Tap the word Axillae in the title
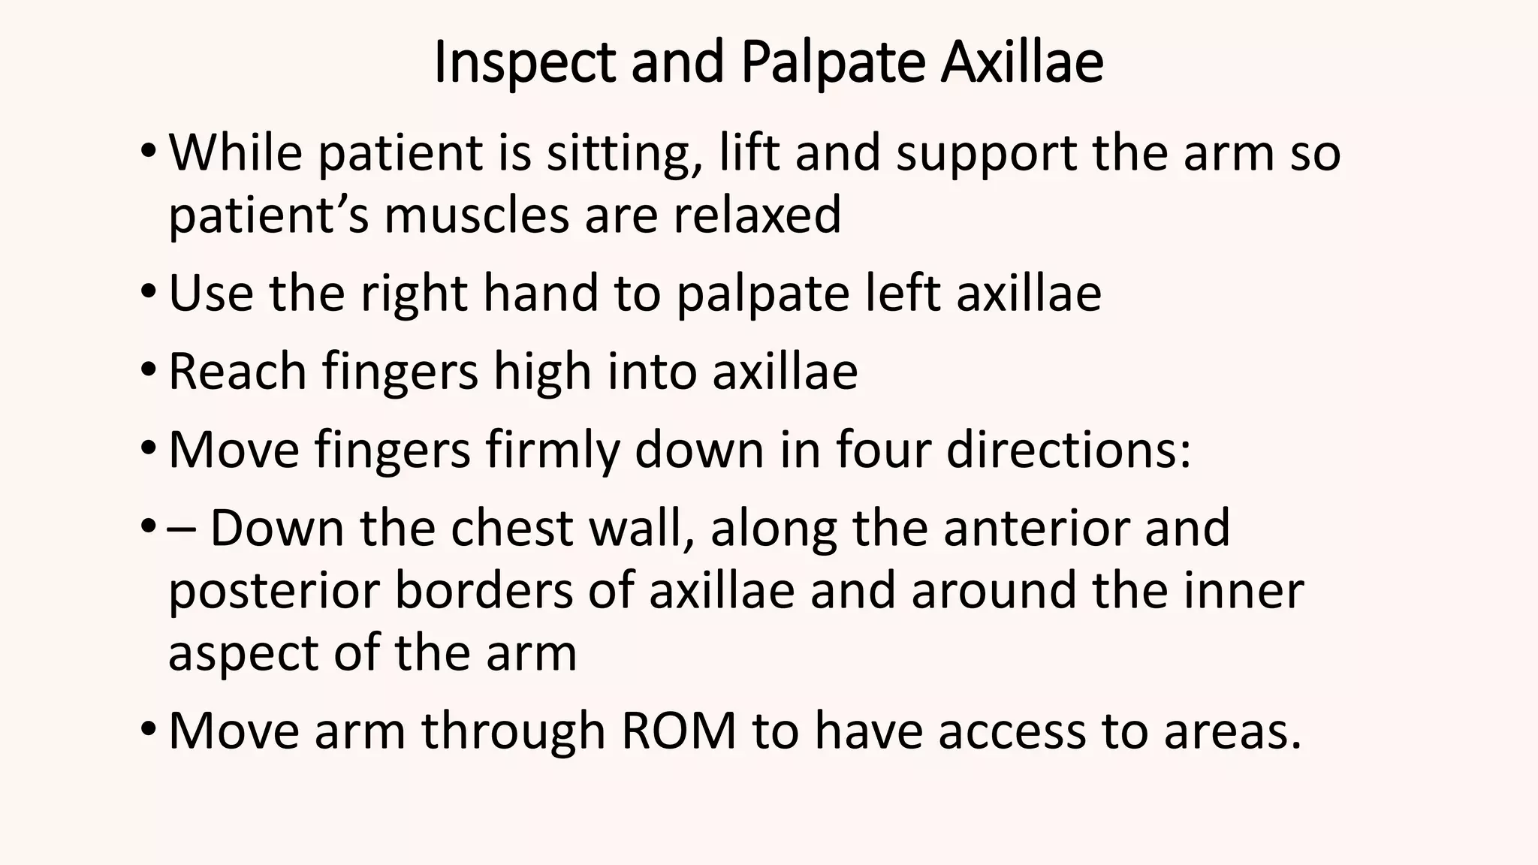(1022, 63)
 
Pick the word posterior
(274, 591)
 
